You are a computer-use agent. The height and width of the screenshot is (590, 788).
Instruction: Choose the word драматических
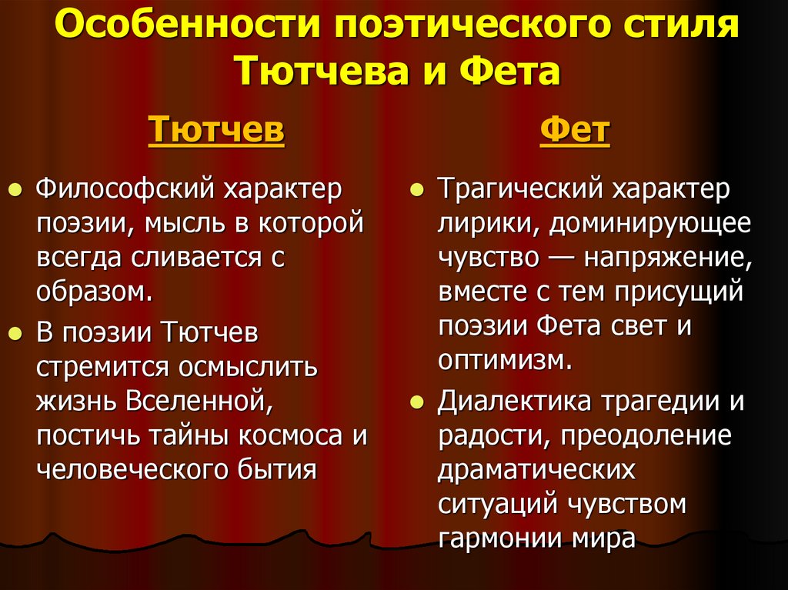click(537, 468)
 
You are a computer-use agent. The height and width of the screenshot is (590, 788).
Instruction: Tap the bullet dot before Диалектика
click(416, 402)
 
